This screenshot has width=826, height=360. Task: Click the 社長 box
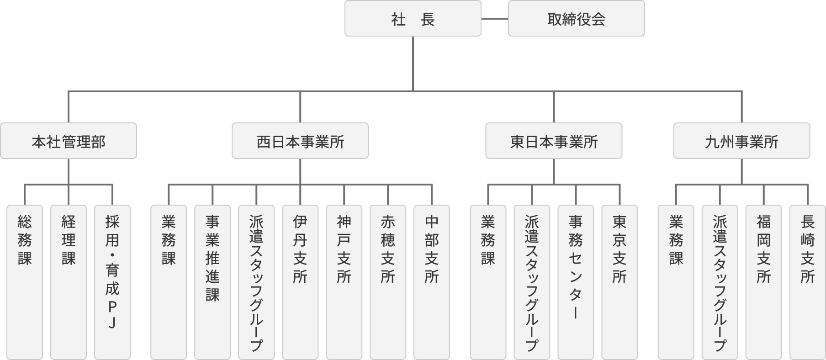tap(413, 19)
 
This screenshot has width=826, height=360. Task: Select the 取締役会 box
tap(576, 19)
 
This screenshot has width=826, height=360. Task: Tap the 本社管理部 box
tap(69, 141)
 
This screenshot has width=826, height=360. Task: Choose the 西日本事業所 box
tap(300, 141)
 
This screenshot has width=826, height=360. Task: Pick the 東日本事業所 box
tap(554, 141)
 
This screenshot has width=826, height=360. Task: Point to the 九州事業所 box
tap(741, 141)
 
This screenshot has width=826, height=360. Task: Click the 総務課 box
tap(25, 282)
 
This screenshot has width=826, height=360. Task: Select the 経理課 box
tap(69, 282)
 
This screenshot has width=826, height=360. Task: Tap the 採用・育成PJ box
tap(112, 282)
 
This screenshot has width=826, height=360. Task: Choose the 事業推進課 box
tap(212, 282)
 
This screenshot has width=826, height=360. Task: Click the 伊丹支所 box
tap(300, 282)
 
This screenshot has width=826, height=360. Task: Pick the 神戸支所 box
tap(344, 282)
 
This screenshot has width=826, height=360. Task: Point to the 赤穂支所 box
tap(388, 282)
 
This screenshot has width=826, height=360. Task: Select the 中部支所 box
tap(432, 282)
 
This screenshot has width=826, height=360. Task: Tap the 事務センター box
tap(576, 282)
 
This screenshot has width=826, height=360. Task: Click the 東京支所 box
tap(619, 282)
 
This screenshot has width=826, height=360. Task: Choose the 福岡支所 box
tap(763, 282)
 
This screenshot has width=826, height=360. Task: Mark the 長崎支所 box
tap(807, 282)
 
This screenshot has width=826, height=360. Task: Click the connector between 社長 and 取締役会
tap(495, 19)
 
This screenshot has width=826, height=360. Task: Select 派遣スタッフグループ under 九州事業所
tap(720, 282)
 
